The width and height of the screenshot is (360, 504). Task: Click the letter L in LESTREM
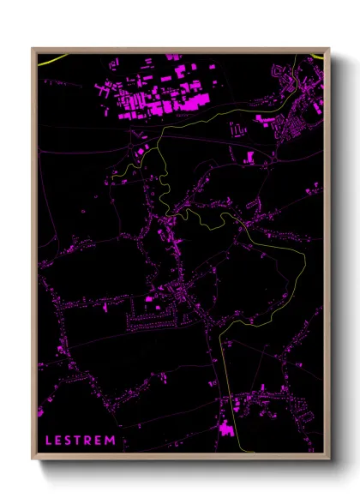click(x=48, y=441)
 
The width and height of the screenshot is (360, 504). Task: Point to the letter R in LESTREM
click(x=91, y=441)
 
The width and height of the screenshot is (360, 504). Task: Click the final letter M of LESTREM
click(x=114, y=441)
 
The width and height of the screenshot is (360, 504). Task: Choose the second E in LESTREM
click(x=102, y=441)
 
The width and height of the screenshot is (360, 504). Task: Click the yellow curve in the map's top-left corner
click(x=51, y=61)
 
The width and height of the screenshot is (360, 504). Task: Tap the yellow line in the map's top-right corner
click(x=317, y=57)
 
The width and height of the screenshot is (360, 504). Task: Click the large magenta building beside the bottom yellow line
click(x=227, y=428)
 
